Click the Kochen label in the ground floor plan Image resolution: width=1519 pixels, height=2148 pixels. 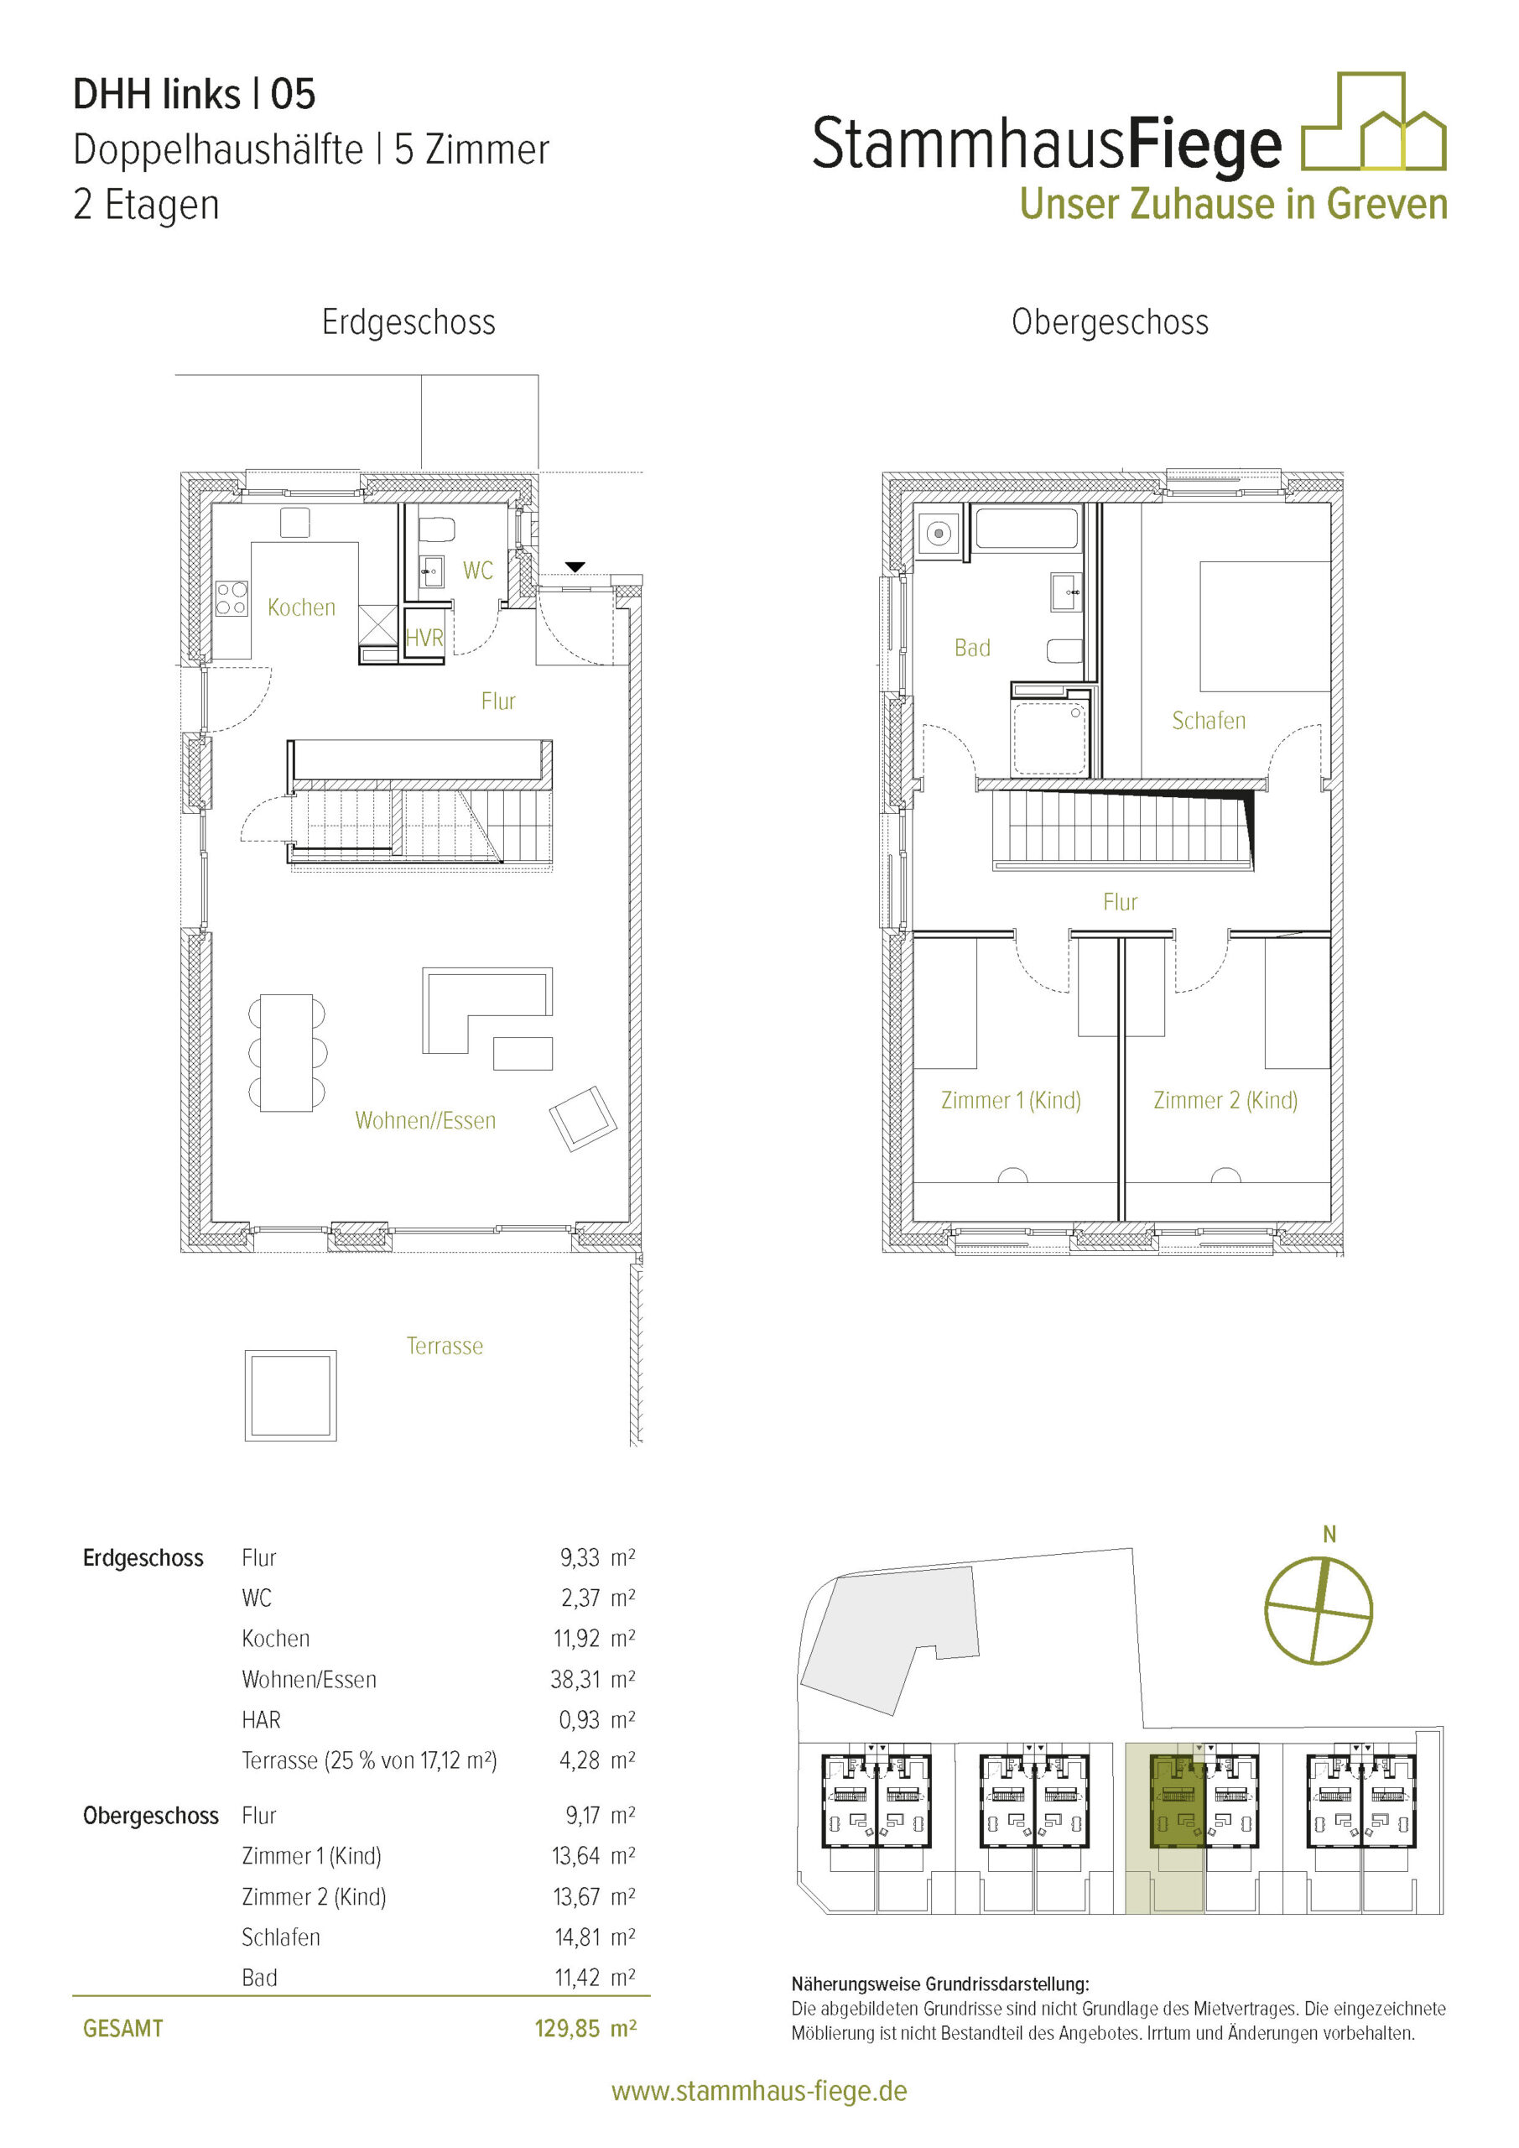click(301, 607)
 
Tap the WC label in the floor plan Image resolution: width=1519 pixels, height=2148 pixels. click(477, 571)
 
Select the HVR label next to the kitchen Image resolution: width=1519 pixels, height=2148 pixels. click(424, 638)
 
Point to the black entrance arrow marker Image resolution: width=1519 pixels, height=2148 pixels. click(575, 567)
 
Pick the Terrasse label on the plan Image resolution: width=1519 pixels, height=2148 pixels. click(445, 1345)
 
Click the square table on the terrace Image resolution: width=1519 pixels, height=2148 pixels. click(291, 1395)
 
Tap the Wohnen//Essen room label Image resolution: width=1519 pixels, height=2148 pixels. click(425, 1120)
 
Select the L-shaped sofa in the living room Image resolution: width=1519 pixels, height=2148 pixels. click(486, 1009)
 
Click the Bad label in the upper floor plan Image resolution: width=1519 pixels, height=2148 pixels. click(972, 648)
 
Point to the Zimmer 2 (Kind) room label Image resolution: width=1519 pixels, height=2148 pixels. click(1225, 1100)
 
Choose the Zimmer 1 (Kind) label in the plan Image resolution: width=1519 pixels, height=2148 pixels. click(1010, 1100)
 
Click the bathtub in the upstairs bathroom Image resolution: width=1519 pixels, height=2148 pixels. click(1026, 528)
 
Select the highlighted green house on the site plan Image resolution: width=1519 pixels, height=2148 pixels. click(1178, 1801)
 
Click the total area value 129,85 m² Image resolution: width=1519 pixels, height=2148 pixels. click(585, 2028)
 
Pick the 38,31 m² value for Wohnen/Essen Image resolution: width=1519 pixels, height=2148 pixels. click(592, 1679)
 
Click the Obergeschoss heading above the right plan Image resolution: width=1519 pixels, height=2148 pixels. click(1110, 322)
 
